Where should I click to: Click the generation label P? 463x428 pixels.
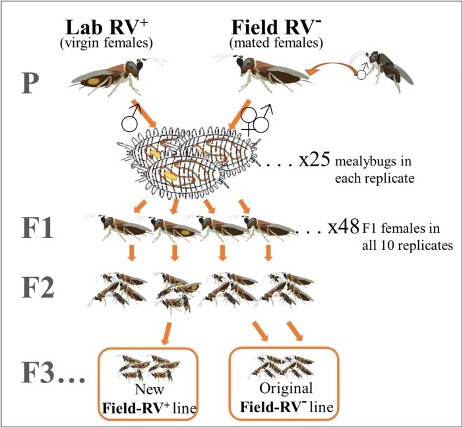tap(42, 84)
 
